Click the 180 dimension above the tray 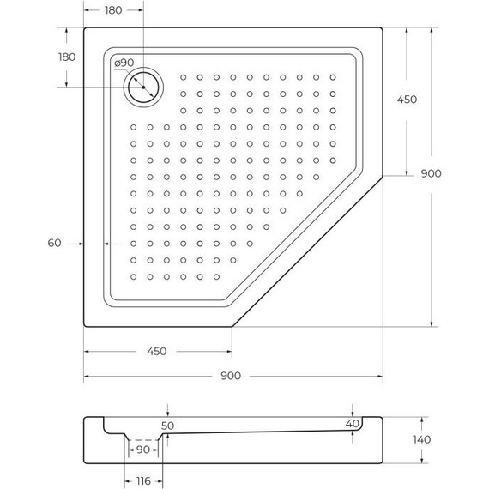pyautogui.click(x=112, y=10)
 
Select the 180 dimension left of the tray pyautogui.click(x=66, y=57)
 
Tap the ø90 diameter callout pyautogui.click(x=123, y=63)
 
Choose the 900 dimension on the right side pyautogui.click(x=431, y=174)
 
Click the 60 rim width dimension pyautogui.click(x=54, y=244)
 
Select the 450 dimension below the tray pyautogui.click(x=156, y=351)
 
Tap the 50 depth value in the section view pyautogui.click(x=168, y=426)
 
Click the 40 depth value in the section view pyautogui.click(x=352, y=424)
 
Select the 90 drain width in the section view pyautogui.click(x=142, y=450)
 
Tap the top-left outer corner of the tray pyautogui.click(x=84, y=27)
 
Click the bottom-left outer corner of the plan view pyautogui.click(x=84, y=326)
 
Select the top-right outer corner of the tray pyautogui.click(x=383, y=27)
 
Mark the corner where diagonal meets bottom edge pyautogui.click(x=232, y=326)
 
